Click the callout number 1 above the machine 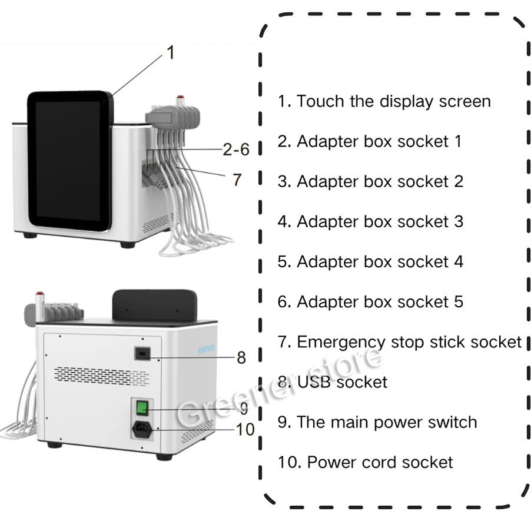coord(171,53)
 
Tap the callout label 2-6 coord(236,150)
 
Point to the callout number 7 coord(237,180)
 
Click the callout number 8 coord(241,357)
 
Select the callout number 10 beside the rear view coord(245,429)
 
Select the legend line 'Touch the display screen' coord(384,101)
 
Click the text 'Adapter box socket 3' coord(370,222)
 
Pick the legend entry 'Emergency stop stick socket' coord(400,342)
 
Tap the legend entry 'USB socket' coord(333,382)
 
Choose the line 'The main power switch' coord(377,422)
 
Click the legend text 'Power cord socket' coord(365,462)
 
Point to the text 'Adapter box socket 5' coord(370,302)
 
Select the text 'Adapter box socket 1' coord(370,141)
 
